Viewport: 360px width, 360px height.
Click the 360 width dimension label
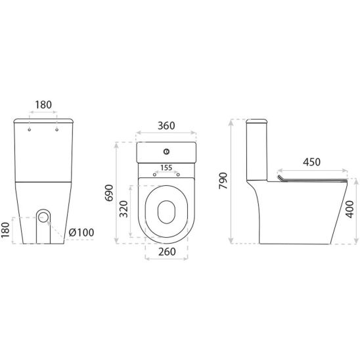click(x=166, y=125)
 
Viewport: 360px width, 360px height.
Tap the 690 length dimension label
click(x=109, y=192)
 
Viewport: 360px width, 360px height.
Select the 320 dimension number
click(x=124, y=209)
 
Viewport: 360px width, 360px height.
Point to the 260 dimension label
click(x=167, y=252)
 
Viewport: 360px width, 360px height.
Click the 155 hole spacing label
click(x=166, y=168)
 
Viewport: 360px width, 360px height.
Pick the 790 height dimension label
click(x=223, y=181)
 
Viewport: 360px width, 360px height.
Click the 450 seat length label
click(x=311, y=162)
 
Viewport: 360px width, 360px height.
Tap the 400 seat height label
click(x=349, y=209)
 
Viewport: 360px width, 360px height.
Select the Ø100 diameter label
click(x=81, y=233)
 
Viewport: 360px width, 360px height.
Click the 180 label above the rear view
click(x=43, y=105)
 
